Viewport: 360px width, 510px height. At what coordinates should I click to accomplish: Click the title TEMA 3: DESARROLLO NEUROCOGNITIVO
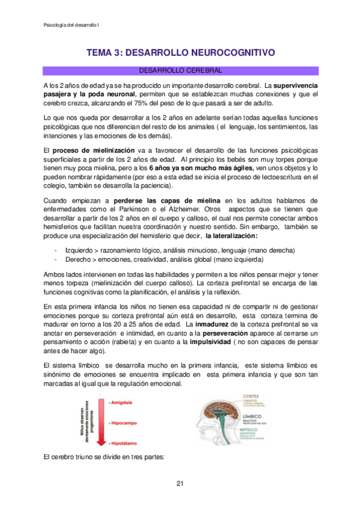click(180, 53)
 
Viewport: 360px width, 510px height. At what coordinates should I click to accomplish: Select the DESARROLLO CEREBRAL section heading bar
click(180, 70)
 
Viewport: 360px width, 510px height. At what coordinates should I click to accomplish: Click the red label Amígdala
click(122, 402)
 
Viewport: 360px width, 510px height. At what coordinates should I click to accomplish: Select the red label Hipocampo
click(124, 423)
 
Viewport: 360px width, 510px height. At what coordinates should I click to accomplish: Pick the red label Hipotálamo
click(125, 443)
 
